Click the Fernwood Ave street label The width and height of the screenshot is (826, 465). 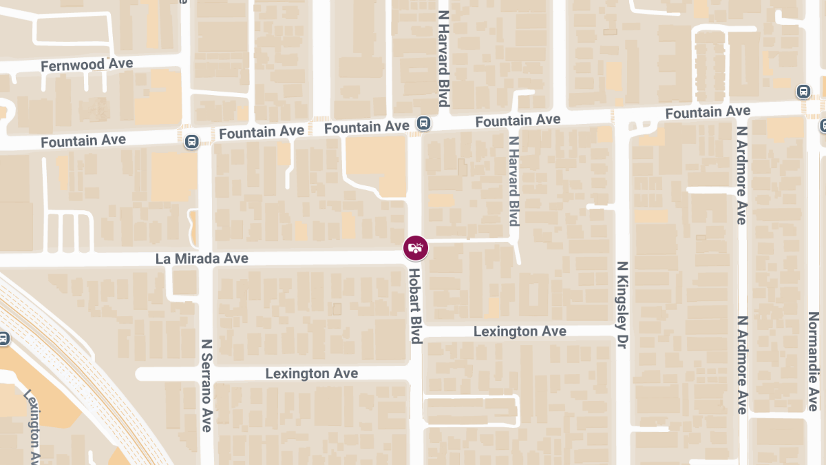click(x=87, y=65)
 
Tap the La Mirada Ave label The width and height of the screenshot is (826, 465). click(x=202, y=258)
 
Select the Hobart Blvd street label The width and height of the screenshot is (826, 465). click(x=415, y=305)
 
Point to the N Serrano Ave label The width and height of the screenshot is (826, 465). click(x=206, y=385)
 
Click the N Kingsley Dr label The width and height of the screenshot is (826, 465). click(x=622, y=304)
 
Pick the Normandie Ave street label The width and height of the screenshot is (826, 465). click(x=813, y=361)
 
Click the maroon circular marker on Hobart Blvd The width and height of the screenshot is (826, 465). click(x=416, y=247)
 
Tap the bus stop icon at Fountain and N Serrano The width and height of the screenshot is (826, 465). click(x=191, y=141)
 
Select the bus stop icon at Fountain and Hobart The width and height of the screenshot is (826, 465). click(x=423, y=124)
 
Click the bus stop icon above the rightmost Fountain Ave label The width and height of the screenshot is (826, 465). click(x=803, y=92)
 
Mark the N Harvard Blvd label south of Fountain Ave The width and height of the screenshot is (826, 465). click(x=513, y=180)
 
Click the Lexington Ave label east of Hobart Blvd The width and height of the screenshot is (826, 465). click(x=520, y=331)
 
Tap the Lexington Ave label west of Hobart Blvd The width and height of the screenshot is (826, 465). click(x=312, y=373)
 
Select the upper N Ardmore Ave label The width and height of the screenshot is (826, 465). click(x=741, y=175)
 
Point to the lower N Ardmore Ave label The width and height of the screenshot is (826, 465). click(x=741, y=365)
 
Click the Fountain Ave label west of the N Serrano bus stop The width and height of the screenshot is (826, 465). click(x=83, y=141)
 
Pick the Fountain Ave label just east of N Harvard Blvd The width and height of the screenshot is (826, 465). click(x=518, y=121)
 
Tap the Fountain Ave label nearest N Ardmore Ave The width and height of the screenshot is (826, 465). click(x=708, y=112)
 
